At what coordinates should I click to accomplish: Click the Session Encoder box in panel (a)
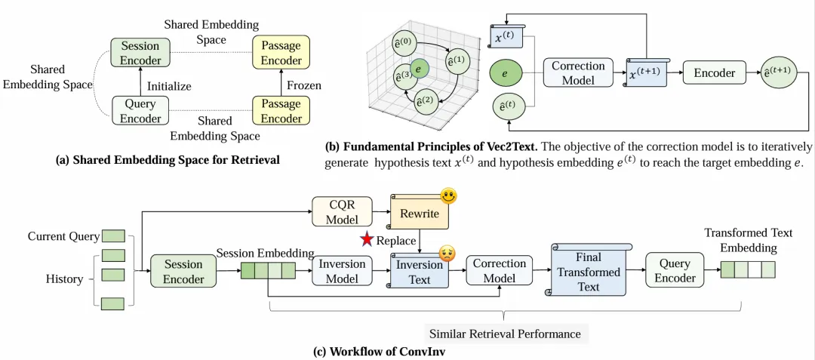(140, 53)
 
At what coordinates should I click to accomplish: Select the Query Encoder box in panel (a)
(140, 111)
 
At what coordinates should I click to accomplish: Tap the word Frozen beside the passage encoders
(305, 85)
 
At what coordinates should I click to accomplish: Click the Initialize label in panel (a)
(171, 87)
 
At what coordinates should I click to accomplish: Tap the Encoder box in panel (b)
(714, 73)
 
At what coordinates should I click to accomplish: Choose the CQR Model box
(343, 211)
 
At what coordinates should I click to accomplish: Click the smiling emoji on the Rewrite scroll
(449, 198)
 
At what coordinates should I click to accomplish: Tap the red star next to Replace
(368, 240)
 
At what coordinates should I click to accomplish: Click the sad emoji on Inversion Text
(449, 254)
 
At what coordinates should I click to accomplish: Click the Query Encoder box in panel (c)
(675, 270)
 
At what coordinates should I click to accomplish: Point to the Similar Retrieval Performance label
(505, 333)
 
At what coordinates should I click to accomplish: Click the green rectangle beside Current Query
(114, 236)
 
